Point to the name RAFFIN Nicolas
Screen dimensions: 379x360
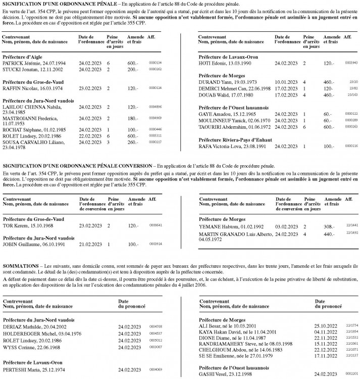pyautogui.click(x=20, y=88)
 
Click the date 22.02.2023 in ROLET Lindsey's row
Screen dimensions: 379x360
pyautogui.click(x=89, y=135)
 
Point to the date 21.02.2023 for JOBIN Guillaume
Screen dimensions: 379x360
pyautogui.click(x=89, y=244)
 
